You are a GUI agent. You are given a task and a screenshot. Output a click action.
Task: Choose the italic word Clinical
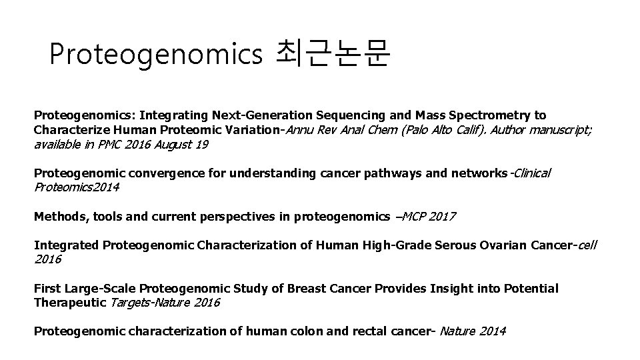pyautogui.click(x=531, y=173)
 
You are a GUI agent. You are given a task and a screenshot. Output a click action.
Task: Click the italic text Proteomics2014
pyautogui.click(x=77, y=187)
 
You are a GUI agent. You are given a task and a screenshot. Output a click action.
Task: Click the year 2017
pyautogui.click(x=443, y=216)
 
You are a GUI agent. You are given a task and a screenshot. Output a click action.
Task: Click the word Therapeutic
pyautogui.click(x=69, y=303)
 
